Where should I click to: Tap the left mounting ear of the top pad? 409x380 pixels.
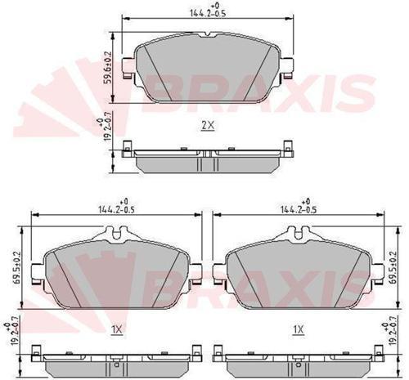pyautogui.click(x=126, y=69)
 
